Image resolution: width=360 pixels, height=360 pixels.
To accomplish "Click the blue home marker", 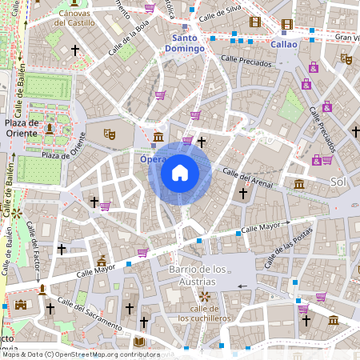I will (179, 173).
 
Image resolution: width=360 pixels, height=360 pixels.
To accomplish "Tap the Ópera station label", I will (154, 159).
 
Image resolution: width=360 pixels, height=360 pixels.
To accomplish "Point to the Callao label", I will (284, 45).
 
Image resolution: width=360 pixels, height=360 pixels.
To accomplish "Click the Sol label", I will (338, 183).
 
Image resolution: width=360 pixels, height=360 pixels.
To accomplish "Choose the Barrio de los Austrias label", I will (193, 275).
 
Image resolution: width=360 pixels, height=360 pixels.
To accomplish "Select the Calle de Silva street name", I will (220, 13).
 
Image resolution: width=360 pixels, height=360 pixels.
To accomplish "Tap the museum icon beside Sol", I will (299, 185).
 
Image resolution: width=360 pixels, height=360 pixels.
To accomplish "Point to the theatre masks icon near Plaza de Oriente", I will (109, 134).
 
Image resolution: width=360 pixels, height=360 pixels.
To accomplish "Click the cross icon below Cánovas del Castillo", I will (76, 50).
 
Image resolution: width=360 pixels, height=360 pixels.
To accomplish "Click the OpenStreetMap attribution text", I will (80, 354).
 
